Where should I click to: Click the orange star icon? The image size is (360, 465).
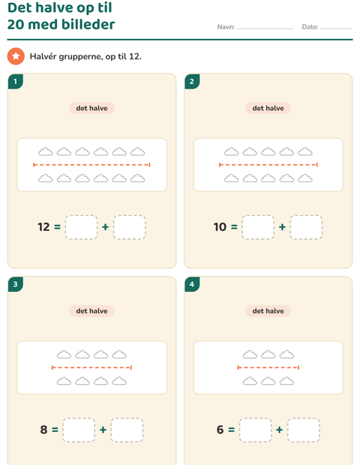coord(16,56)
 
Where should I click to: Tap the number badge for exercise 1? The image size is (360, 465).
coord(16,82)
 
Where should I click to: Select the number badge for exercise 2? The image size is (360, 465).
coord(192,82)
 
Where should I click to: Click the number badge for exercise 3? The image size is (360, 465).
coord(16,284)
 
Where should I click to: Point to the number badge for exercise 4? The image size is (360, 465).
coord(192,284)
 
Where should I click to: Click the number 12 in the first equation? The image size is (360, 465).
coord(43,227)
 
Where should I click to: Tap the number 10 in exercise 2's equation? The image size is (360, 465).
coord(220,227)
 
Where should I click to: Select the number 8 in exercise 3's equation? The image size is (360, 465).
coord(44,430)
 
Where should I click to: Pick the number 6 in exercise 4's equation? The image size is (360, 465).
coord(220,430)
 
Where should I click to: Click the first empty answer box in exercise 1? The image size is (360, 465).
coord(81,227)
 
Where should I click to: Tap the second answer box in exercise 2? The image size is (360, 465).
coord(306,227)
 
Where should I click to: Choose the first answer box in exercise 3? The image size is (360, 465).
coord(79,430)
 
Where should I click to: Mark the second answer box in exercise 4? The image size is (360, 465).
coord(304,430)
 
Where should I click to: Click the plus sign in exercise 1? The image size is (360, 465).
coord(105,227)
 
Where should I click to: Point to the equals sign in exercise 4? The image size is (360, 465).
coord(232,430)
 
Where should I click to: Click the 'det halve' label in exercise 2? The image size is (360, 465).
coord(268,108)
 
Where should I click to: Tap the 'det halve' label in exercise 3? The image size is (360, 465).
coord(92,311)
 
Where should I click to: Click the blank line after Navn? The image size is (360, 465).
coord(265,28)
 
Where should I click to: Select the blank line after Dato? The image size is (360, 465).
coord(336,28)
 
